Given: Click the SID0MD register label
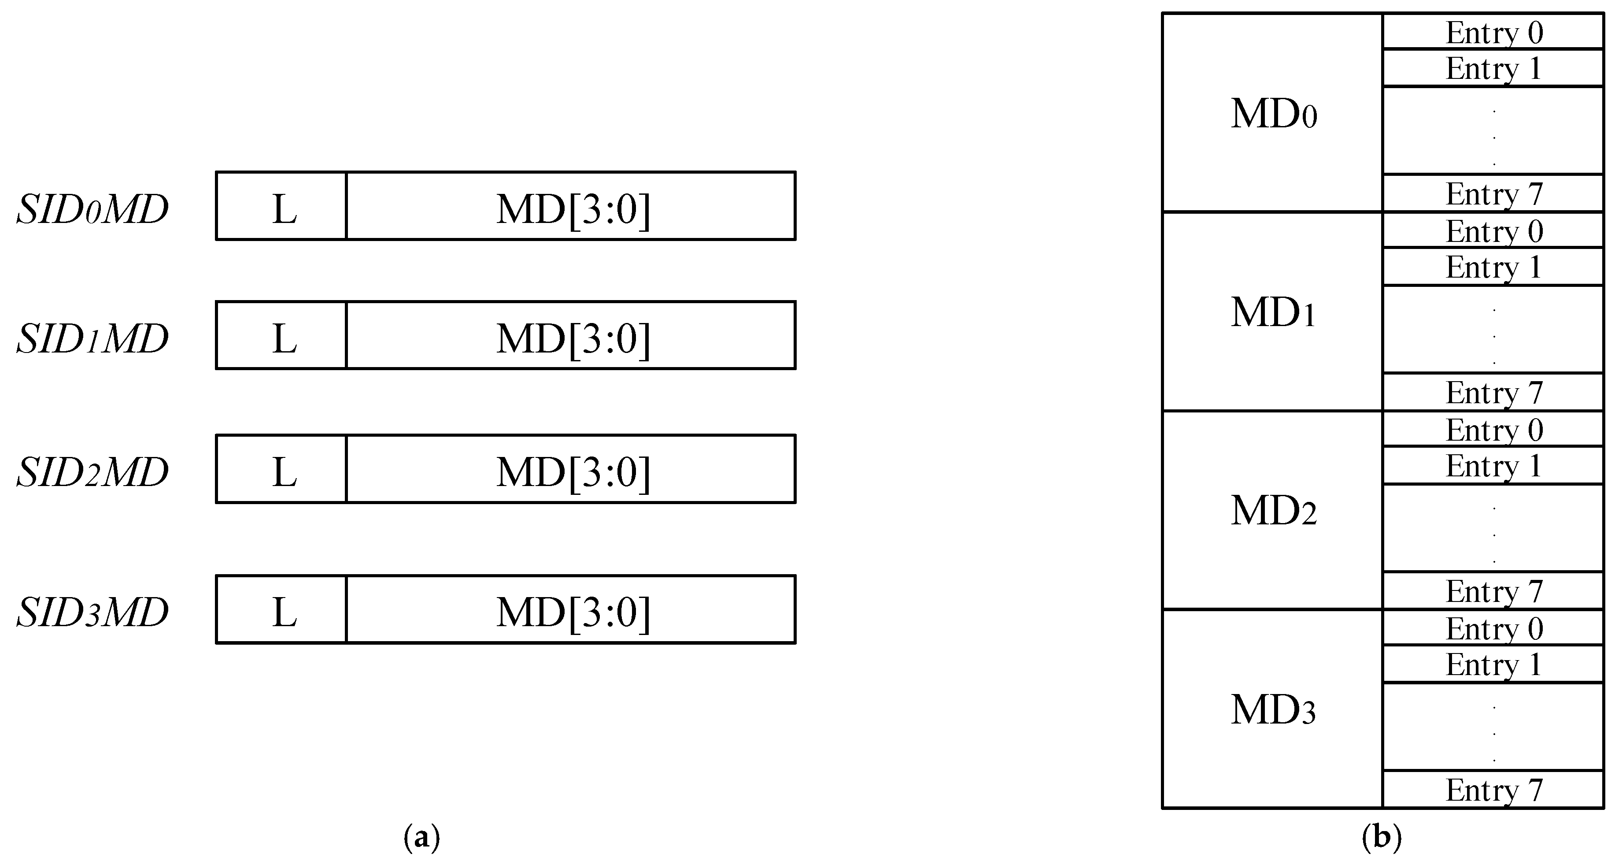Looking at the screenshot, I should click(x=92, y=209).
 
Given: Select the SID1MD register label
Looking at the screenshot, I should click(x=92, y=339).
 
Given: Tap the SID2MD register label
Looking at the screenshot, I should click(x=92, y=471).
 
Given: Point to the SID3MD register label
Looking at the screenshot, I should click(x=92, y=612).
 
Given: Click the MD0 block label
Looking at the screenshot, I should click(x=1273, y=114).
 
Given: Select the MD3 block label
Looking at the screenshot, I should click(x=1273, y=709).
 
